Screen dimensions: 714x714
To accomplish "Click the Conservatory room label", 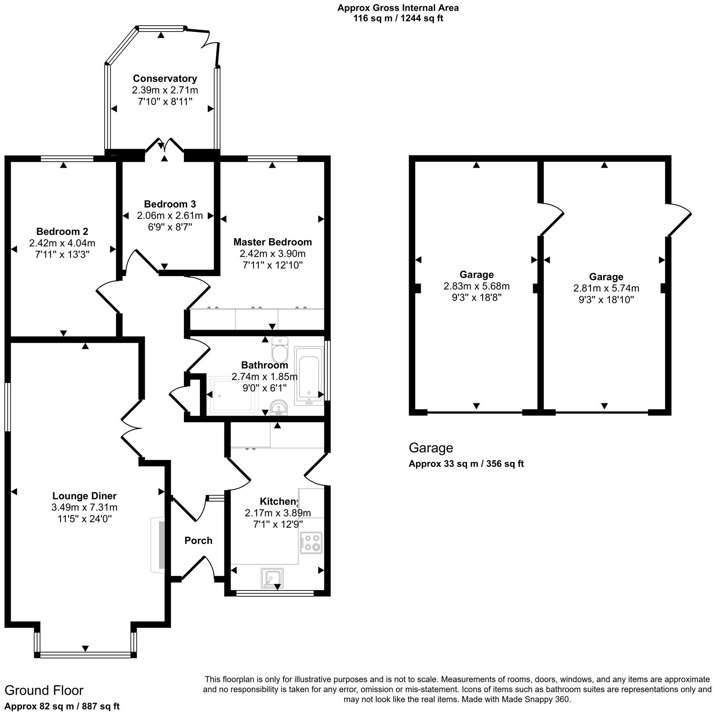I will pyautogui.click(x=165, y=79).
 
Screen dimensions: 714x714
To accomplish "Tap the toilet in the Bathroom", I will pyautogui.click(x=280, y=350).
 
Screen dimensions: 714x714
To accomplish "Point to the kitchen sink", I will pyautogui.click(x=272, y=577).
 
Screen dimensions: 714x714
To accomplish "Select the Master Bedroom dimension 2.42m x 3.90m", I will pyautogui.click(x=272, y=254).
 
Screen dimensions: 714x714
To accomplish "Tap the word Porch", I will pyautogui.click(x=198, y=540).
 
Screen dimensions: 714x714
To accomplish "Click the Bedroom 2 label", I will pyautogui.click(x=62, y=231).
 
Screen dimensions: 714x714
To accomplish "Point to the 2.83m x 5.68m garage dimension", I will pyautogui.click(x=476, y=286).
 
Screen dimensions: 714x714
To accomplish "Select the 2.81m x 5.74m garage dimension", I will pyautogui.click(x=606, y=288).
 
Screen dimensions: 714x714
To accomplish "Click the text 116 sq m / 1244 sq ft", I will pyautogui.click(x=398, y=19).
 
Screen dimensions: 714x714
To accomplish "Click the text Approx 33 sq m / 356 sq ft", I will pyautogui.click(x=466, y=464).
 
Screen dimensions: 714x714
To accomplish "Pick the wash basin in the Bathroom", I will pyautogui.click(x=279, y=407).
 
